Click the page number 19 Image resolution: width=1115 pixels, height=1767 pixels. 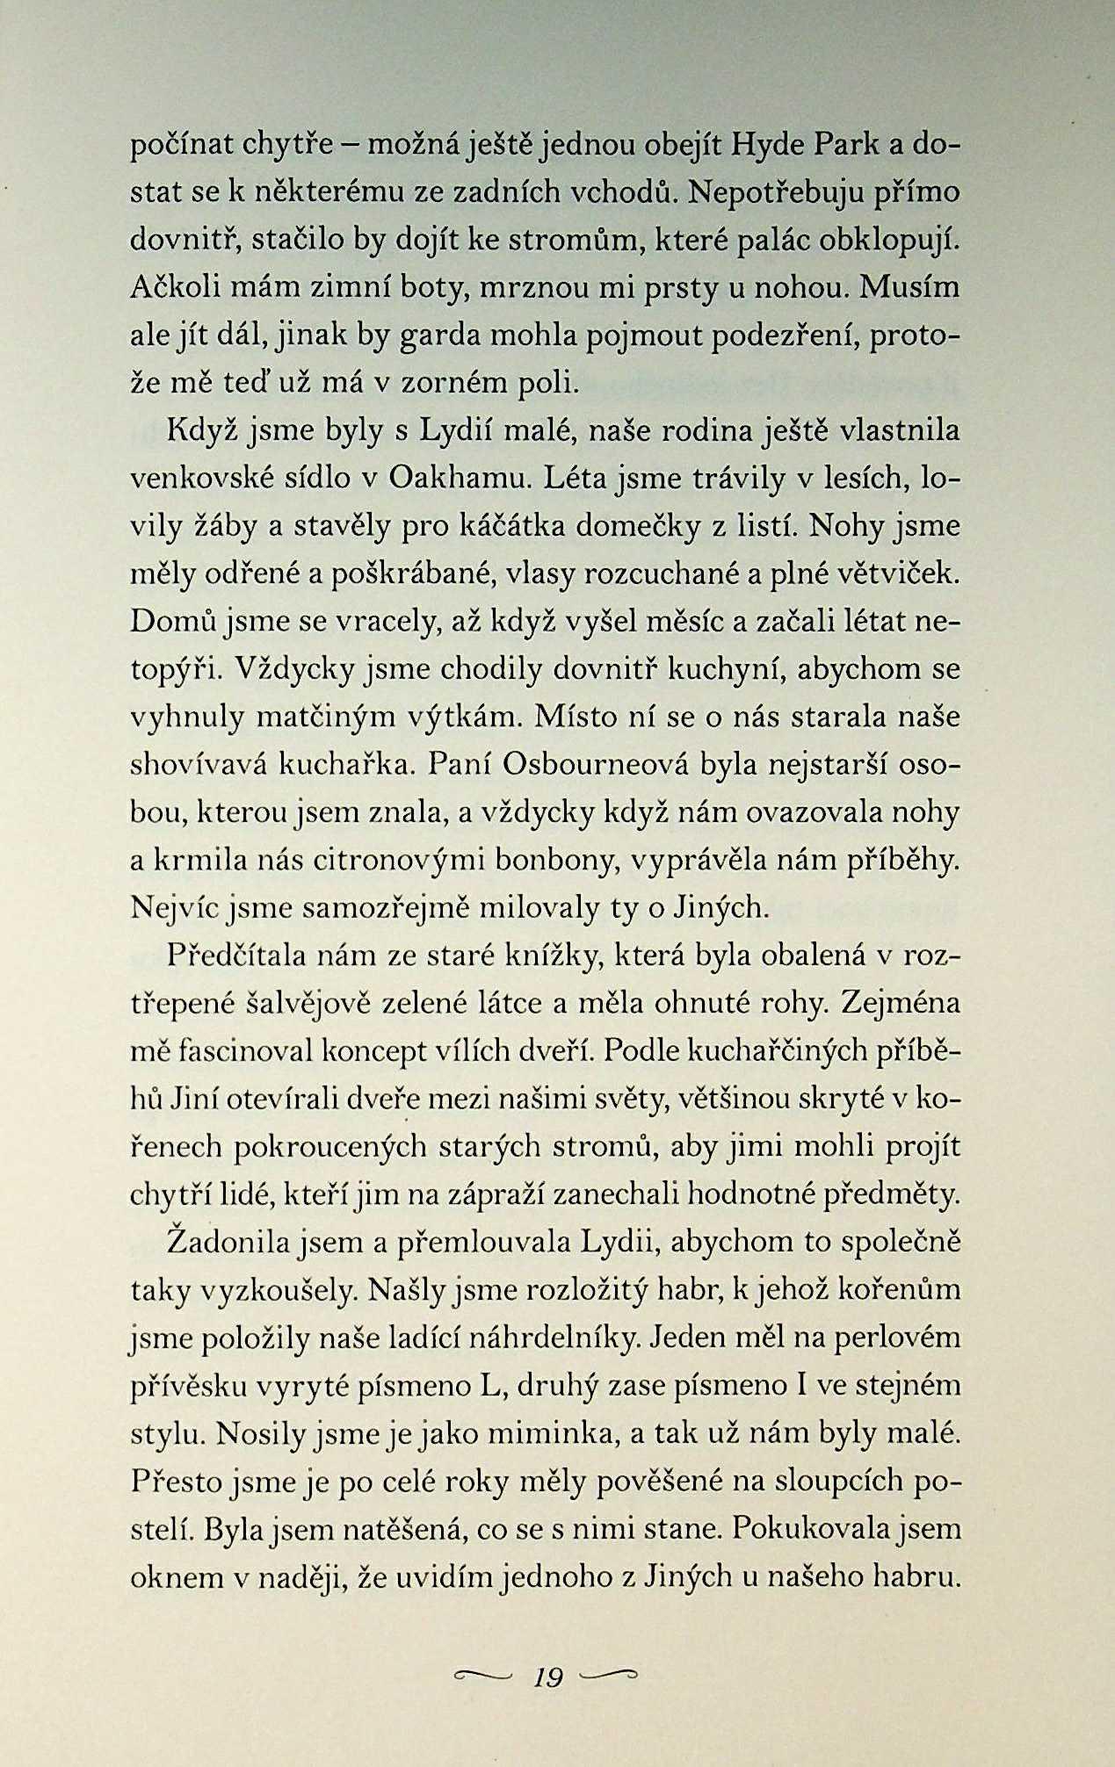(547, 1678)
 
